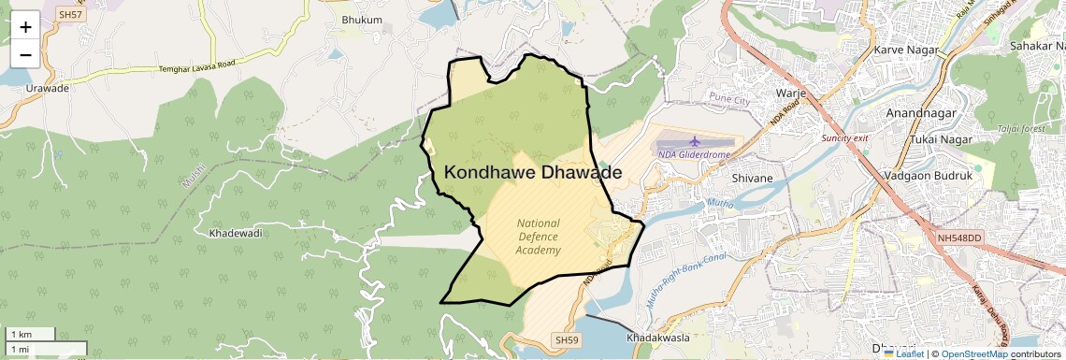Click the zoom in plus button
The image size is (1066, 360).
(25, 27)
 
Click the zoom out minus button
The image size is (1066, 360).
(25, 54)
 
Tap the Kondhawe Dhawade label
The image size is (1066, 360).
(532, 173)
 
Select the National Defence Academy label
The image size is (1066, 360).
(539, 237)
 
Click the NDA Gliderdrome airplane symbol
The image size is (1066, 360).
(693, 141)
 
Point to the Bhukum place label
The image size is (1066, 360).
(363, 20)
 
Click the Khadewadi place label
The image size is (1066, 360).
(236, 232)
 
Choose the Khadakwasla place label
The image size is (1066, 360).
(658, 337)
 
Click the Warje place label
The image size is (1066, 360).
(791, 94)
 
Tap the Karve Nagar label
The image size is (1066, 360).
(904, 49)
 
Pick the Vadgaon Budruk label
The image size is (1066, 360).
(929, 175)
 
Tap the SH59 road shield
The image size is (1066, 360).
(567, 339)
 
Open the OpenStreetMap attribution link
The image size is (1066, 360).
(973, 353)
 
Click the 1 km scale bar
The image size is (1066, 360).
(31, 334)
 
